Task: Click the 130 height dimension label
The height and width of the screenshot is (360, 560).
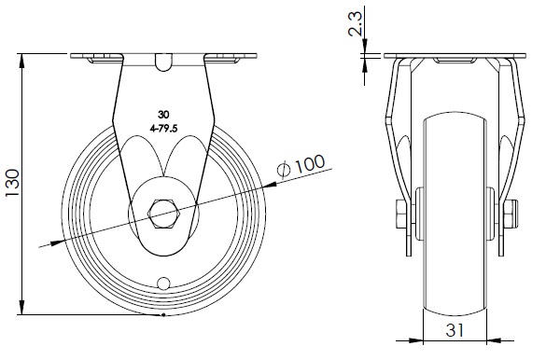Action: (12, 183)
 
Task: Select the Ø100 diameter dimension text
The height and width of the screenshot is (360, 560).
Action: (301, 166)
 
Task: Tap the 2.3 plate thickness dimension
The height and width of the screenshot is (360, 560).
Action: (356, 23)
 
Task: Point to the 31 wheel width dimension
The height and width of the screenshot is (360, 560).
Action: (455, 330)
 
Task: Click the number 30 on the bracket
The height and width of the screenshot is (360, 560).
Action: (163, 115)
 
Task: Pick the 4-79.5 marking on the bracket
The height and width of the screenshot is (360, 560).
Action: (164, 129)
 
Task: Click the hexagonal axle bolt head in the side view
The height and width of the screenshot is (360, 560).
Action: (164, 214)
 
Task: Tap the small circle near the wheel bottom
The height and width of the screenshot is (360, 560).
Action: (163, 284)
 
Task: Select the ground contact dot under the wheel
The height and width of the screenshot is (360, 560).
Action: (163, 314)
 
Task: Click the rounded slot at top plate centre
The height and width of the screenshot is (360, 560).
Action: (164, 62)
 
